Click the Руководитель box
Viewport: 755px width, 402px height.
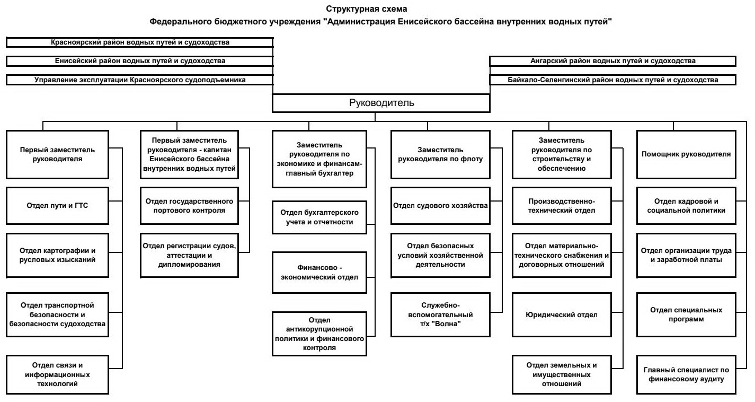[381, 103]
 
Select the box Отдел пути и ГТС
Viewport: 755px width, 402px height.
[57, 206]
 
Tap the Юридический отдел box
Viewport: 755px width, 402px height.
[562, 314]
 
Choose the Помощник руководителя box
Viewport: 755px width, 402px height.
[686, 154]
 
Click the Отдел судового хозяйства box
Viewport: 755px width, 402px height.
[440, 206]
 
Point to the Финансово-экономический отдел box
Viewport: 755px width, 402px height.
[319, 273]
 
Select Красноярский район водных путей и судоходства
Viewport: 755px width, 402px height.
[139, 42]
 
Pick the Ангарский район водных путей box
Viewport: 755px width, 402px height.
[613, 61]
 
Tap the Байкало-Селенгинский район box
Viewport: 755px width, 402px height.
[613, 80]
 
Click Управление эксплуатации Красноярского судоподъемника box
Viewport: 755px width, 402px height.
[139, 80]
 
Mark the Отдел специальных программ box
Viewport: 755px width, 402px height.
[686, 314]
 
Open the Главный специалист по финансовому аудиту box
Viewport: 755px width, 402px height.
[686, 374]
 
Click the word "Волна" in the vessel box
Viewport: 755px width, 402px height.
[449, 324]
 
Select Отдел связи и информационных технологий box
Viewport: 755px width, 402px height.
[57, 374]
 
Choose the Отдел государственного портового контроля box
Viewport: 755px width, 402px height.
[189, 206]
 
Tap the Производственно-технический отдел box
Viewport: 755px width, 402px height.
[562, 206]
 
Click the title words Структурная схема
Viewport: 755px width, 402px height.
[367, 9]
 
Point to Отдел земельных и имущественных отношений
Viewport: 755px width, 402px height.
[562, 374]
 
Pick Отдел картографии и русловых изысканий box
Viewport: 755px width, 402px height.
[57, 255]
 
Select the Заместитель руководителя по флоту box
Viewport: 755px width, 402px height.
[440, 154]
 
